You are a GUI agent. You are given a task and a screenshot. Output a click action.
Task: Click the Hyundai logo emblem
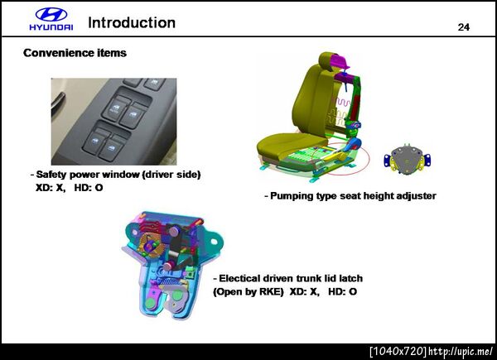pyautogui.click(x=51, y=15)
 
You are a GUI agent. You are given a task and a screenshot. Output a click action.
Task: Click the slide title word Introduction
pyautogui.click(x=132, y=23)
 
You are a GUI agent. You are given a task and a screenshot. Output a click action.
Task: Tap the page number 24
pyautogui.click(x=463, y=27)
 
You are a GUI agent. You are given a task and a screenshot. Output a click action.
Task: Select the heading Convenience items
pyautogui.click(x=75, y=53)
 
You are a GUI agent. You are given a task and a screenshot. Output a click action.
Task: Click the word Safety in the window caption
pyautogui.click(x=51, y=175)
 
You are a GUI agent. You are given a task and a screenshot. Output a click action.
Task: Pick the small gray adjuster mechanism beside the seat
pyautogui.click(x=407, y=159)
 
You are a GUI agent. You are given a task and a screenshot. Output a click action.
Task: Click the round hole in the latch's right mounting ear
pyautogui.click(x=214, y=242)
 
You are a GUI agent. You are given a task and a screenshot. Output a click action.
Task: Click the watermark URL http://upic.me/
pyautogui.click(x=461, y=351)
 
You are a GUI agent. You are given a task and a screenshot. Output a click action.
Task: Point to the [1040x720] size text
pyautogui.click(x=398, y=351)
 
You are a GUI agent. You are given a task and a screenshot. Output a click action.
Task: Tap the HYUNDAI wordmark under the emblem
pyautogui.click(x=51, y=27)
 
